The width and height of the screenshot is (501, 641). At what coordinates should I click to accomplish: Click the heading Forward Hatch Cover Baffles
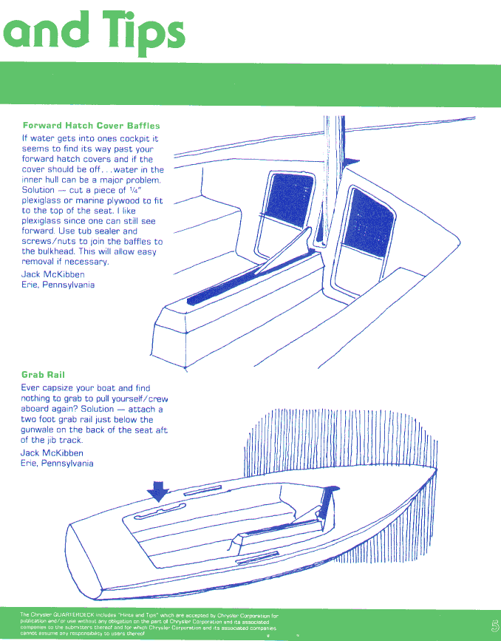point(91,126)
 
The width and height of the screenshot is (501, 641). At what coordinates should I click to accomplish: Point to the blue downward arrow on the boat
point(159,490)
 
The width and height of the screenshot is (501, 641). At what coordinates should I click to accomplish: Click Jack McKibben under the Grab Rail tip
point(52,453)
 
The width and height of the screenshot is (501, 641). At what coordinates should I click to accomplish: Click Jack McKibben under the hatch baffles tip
point(52,274)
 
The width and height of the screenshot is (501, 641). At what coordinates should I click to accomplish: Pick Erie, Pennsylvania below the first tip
point(58,285)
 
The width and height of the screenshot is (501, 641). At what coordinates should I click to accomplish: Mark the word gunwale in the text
point(40,430)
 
